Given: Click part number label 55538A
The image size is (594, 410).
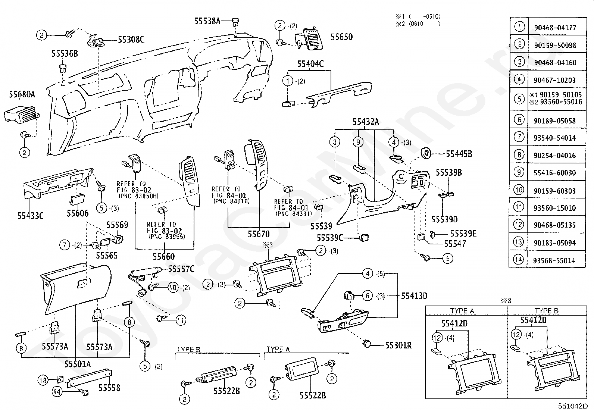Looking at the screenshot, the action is click(x=207, y=21).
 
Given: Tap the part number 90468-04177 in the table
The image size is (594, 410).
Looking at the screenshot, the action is click(x=555, y=28).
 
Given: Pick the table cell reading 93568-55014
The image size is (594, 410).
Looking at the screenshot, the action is click(x=554, y=260).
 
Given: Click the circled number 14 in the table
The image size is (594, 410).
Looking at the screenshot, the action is click(x=518, y=259).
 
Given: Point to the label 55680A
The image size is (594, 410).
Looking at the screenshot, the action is click(x=22, y=94).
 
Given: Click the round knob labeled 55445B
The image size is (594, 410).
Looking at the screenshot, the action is click(x=426, y=153).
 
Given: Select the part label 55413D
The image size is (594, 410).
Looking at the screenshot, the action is click(x=414, y=296).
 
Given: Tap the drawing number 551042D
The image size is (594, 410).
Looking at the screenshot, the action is click(x=573, y=406).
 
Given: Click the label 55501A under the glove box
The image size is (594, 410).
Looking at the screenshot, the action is click(x=78, y=364).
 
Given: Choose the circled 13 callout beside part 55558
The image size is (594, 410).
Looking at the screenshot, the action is click(x=43, y=380).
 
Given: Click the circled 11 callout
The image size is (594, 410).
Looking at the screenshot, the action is click(x=181, y=320).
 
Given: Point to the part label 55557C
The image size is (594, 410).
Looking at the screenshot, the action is click(x=181, y=269).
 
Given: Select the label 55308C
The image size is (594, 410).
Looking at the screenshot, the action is click(x=131, y=40).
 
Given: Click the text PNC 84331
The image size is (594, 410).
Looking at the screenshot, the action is click(x=294, y=214).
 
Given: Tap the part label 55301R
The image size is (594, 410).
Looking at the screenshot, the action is click(x=398, y=345).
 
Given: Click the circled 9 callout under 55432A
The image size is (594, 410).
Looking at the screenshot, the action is click(x=358, y=142).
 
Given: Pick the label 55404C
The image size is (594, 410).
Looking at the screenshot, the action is click(x=310, y=64).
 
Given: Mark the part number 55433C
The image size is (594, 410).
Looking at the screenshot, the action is click(x=30, y=216).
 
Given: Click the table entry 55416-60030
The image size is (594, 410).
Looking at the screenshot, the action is click(x=555, y=173).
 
